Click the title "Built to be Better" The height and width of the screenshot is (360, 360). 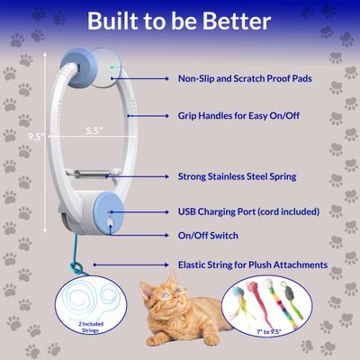tap(180, 22)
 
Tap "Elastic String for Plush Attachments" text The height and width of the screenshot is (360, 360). tap(252, 265)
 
